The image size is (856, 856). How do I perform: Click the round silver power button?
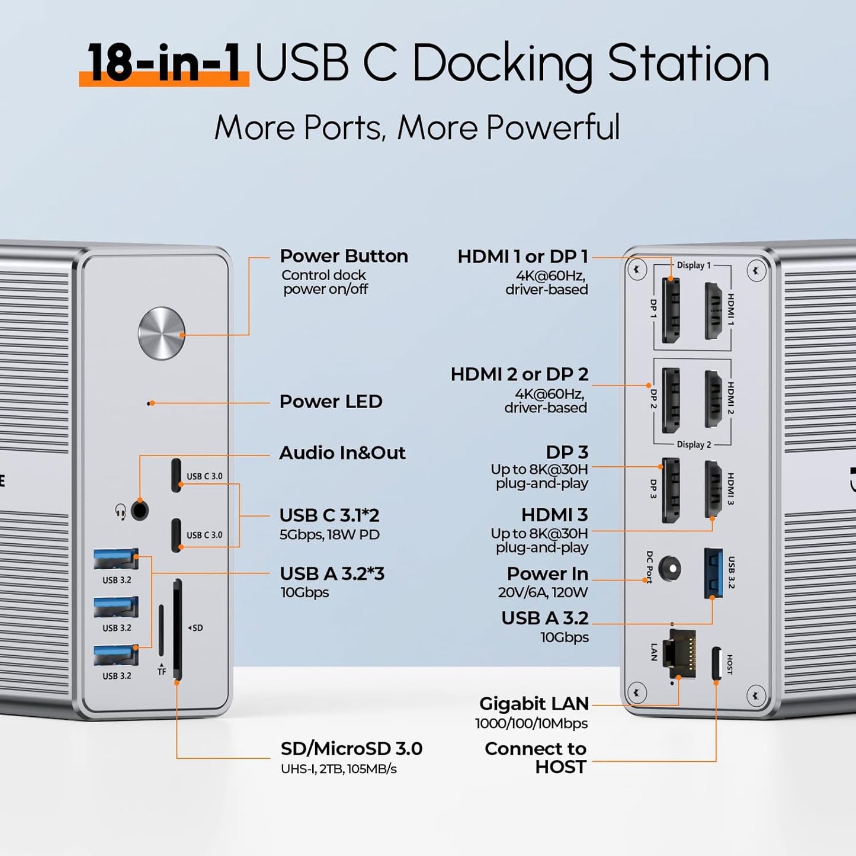tap(162, 334)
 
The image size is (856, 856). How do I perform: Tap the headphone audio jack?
tap(139, 510)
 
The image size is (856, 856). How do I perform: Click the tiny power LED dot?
tap(149, 403)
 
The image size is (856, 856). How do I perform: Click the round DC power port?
tap(670, 569)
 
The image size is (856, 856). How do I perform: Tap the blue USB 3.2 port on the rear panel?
tap(713, 573)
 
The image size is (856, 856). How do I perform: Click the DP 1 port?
tap(670, 310)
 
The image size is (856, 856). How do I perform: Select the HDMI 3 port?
tap(713, 489)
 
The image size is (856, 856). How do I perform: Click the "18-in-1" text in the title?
tap(164, 63)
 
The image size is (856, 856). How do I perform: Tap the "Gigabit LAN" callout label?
tap(534, 704)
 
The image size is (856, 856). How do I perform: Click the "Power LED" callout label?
tap(331, 402)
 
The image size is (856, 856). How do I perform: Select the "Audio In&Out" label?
tap(342, 453)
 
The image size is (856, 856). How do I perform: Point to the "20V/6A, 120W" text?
tap(543, 592)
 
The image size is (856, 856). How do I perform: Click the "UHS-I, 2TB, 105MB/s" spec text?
tap(339, 769)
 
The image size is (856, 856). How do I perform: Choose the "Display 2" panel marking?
tap(694, 444)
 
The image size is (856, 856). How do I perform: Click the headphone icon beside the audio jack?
tap(120, 511)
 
